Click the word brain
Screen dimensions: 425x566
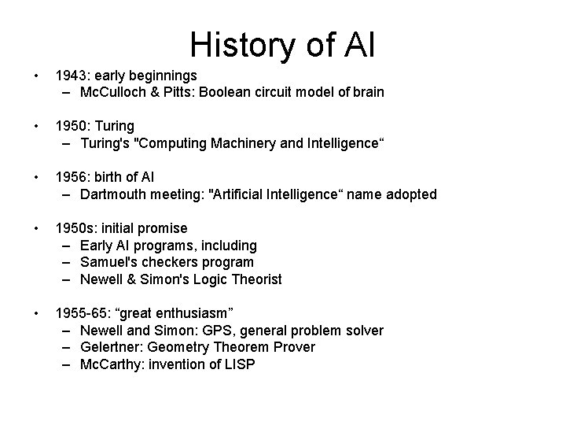click(369, 93)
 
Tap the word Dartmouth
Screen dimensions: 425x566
click(115, 194)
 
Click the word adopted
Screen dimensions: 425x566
click(410, 194)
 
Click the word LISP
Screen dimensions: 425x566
click(239, 365)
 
